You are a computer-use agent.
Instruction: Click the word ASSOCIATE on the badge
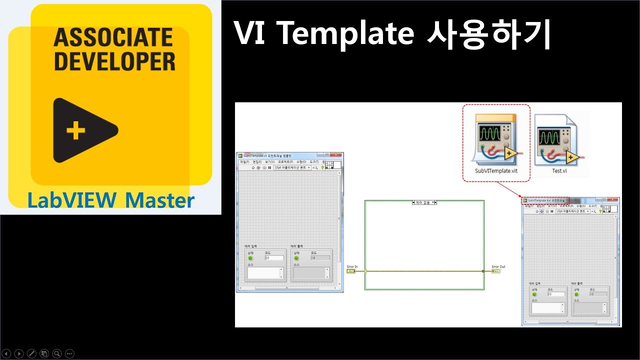(x=114, y=37)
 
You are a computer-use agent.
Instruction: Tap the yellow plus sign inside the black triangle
(x=75, y=131)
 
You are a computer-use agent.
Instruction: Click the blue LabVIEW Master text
(x=110, y=200)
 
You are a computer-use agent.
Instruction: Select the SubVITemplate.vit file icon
(x=495, y=138)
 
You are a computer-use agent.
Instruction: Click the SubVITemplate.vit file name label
(x=495, y=171)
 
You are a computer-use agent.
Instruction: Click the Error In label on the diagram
(x=352, y=266)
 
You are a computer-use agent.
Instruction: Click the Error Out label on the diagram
(x=498, y=266)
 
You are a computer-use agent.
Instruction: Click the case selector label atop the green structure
(x=424, y=202)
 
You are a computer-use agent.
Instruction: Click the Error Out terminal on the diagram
(x=496, y=271)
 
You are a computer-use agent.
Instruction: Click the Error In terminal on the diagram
(x=350, y=271)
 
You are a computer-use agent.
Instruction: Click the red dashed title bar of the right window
(x=544, y=200)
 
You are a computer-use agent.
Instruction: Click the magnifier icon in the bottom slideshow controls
(x=57, y=353)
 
